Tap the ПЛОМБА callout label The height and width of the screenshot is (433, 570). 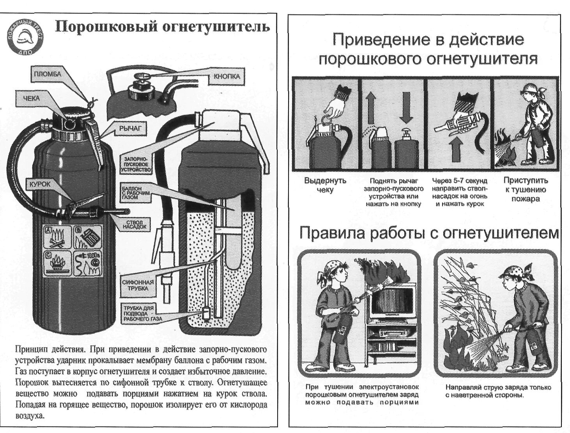tap(47, 74)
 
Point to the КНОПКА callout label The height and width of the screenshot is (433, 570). tap(227, 77)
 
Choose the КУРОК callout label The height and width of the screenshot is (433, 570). tap(39, 184)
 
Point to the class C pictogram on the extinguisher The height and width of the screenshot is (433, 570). tap(57, 263)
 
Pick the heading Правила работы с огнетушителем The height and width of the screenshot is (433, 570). tap(429, 233)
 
